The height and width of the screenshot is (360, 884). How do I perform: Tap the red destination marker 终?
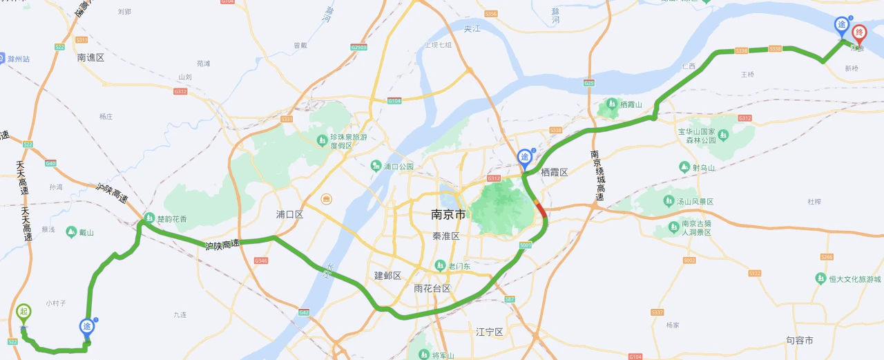pos(859,32)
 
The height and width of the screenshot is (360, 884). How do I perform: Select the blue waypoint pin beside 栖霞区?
pos(526,158)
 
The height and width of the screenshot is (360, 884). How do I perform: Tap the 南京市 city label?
pos(448,214)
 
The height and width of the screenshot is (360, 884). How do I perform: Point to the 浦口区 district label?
pos(289,214)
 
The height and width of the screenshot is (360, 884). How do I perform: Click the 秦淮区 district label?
pos(446,236)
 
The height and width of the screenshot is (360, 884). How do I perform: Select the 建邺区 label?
pos(387,275)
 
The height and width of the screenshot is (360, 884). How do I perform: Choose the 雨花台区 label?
pos(432,288)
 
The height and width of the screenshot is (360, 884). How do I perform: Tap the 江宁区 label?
pos(489,332)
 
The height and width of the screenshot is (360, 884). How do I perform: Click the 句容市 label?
pos(799,340)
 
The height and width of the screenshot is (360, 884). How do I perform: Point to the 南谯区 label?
pos(90,58)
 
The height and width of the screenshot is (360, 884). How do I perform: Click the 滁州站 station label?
pos(19,59)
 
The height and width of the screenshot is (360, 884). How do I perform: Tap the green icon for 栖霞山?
pos(611,104)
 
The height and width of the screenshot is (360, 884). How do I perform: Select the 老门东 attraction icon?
pos(441,266)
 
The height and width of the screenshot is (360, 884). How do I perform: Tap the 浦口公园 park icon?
pos(376,166)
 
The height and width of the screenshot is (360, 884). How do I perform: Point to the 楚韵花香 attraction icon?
pos(150,219)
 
